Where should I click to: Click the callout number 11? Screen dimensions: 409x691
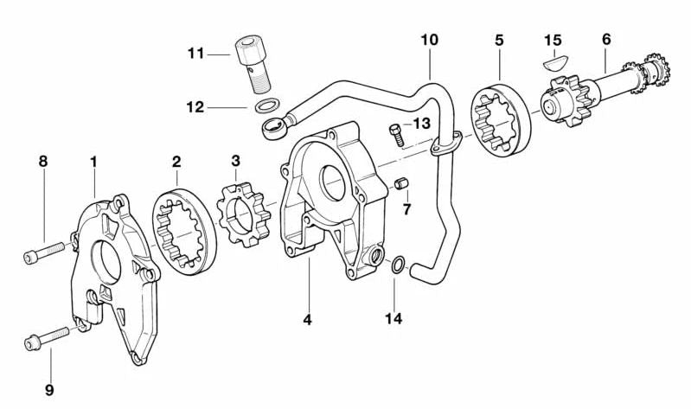[195, 54]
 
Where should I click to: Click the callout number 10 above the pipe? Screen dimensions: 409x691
[430, 40]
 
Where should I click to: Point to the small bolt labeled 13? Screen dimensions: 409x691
[397, 135]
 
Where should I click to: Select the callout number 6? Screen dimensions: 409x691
[606, 40]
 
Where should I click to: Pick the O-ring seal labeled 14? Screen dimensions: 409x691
[395, 265]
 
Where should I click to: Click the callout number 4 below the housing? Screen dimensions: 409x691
[307, 319]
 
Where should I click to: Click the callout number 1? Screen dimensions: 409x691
[93, 161]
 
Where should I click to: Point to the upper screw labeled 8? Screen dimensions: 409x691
[48, 250]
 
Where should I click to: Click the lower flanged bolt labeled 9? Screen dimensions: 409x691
[48, 336]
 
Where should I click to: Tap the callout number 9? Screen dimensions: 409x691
[49, 389]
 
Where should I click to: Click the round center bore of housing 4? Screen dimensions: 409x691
[335, 185]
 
